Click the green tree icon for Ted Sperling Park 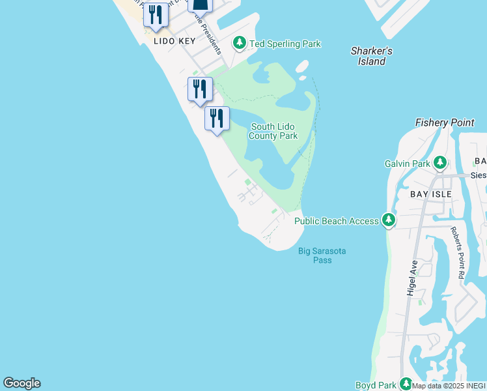click(x=240, y=44)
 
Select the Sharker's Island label click(x=371, y=56)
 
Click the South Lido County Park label click(x=273, y=131)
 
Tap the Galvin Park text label click(x=408, y=164)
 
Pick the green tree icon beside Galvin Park click(x=440, y=162)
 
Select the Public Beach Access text click(x=336, y=221)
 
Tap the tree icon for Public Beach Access click(x=389, y=220)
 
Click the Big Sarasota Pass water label click(x=322, y=255)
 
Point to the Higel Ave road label click(x=412, y=279)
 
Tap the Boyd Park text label click(x=376, y=385)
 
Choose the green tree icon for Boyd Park click(x=406, y=384)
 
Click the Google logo click(x=21, y=383)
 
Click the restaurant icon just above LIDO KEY click(x=155, y=16)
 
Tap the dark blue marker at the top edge click(x=201, y=5)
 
